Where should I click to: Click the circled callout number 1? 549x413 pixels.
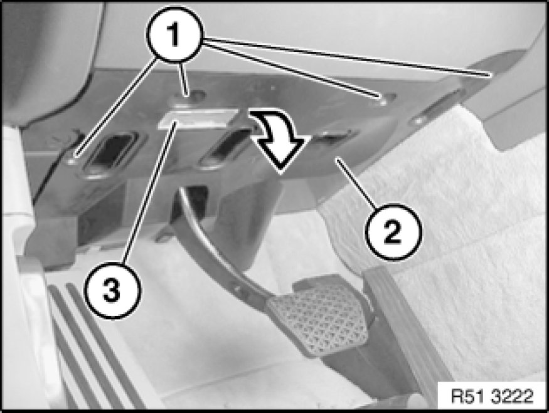(174, 34)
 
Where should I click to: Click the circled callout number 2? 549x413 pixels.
(393, 232)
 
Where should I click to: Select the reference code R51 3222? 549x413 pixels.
(492, 396)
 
